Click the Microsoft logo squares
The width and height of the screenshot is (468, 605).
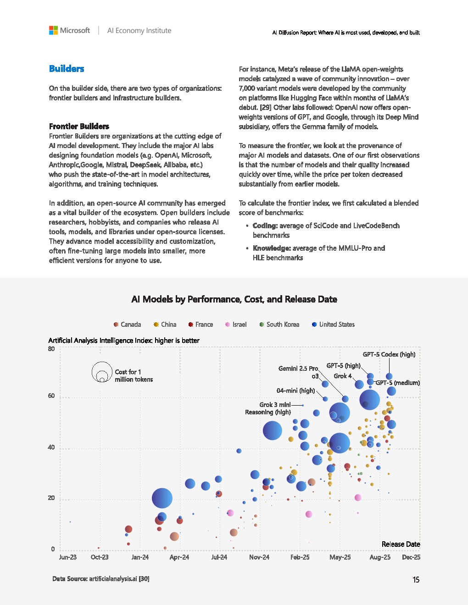coord(53,30)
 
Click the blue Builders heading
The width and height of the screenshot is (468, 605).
coord(67,69)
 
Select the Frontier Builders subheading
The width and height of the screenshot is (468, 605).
coord(79,126)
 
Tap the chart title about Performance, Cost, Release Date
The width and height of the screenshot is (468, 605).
coord(234,299)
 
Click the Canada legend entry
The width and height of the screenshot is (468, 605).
coord(127,324)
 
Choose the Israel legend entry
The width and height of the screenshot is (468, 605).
coord(236,324)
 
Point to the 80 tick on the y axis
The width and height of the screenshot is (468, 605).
coord(51,349)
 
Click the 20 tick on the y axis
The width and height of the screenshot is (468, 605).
coord(51,498)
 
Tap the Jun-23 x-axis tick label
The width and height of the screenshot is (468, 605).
coord(68,557)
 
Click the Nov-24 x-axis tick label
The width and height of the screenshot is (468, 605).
coord(259,557)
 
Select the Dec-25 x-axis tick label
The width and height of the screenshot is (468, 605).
coord(411,557)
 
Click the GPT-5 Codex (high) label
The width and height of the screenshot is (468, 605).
coord(389,354)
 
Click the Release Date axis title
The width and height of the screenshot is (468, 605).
coord(401,544)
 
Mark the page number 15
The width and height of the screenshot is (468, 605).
coord(416,580)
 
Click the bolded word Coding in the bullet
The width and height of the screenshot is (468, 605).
coord(265,225)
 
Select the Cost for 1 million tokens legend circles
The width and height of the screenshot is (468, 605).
coord(102,372)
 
